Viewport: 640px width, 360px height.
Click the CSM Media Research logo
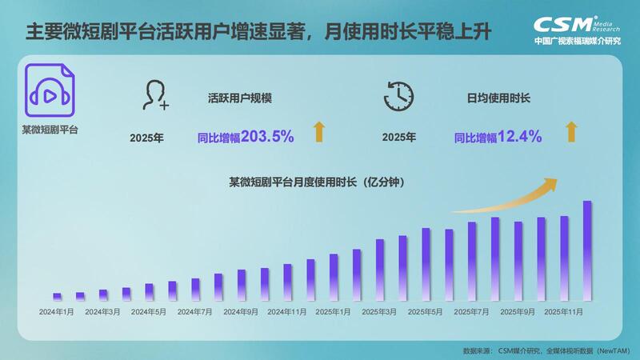(x=577, y=30)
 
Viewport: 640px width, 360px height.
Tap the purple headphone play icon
(x=50, y=90)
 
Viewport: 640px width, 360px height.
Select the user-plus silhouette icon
(x=155, y=95)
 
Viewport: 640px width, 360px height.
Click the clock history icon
(x=398, y=96)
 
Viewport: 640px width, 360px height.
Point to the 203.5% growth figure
(x=267, y=136)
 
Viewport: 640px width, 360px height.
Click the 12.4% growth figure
(x=519, y=136)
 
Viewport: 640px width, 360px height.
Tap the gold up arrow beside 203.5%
(x=319, y=132)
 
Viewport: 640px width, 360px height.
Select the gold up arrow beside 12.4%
(x=571, y=132)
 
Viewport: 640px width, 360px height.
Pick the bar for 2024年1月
(x=57, y=297)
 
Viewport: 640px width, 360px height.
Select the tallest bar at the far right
(x=587, y=250)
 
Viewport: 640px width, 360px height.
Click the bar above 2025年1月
(x=334, y=278)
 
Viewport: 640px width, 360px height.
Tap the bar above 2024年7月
(x=195, y=290)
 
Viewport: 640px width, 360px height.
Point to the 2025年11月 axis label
(x=564, y=312)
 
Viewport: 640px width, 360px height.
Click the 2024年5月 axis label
(x=149, y=312)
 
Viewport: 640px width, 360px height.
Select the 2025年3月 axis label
(x=379, y=312)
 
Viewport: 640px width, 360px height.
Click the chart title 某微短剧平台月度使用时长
(x=293, y=182)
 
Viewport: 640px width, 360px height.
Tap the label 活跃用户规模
(x=240, y=98)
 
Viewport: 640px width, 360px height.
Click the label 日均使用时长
(x=498, y=98)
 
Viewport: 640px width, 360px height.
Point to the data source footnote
(x=546, y=350)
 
